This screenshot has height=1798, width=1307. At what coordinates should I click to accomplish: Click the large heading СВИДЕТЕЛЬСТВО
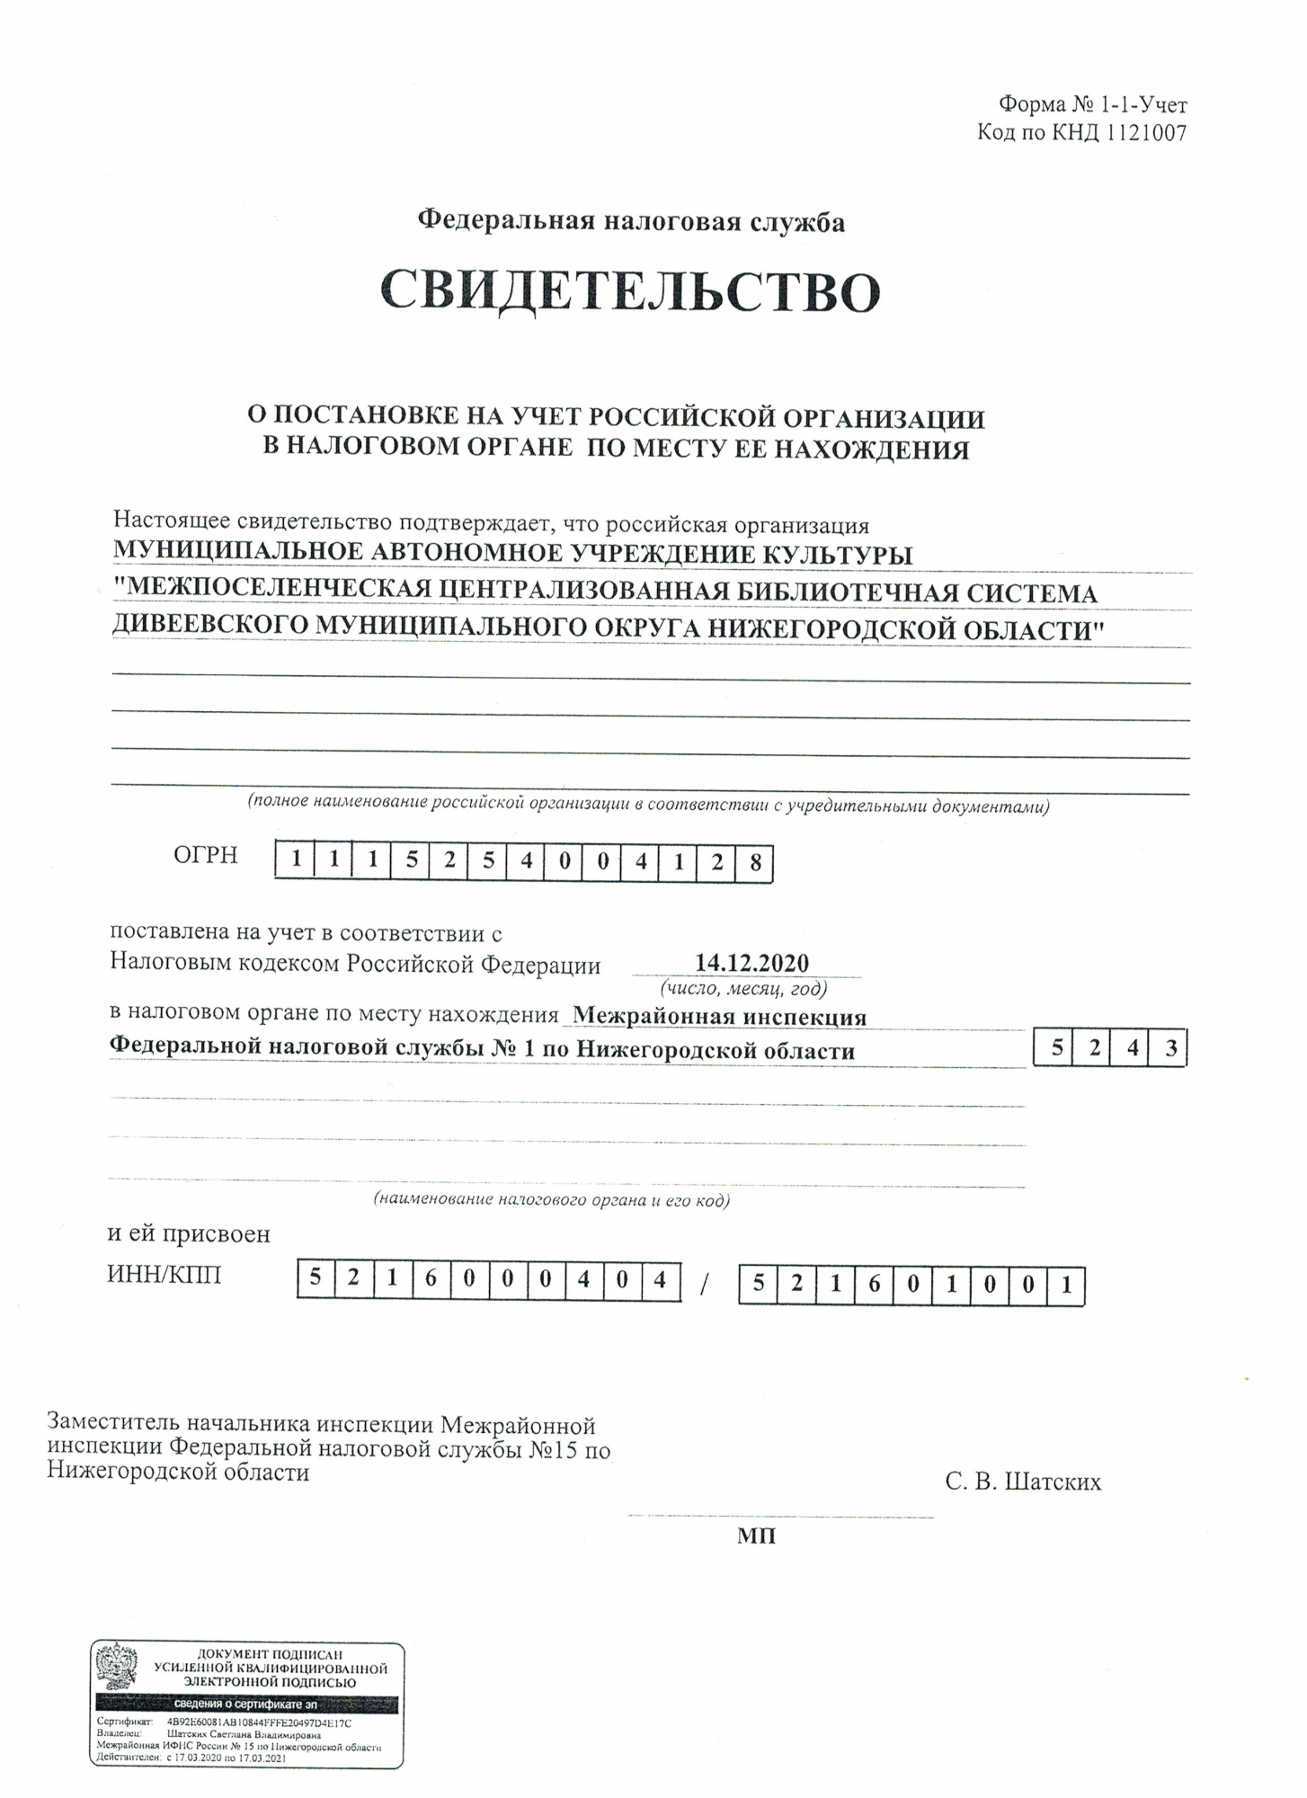[x=629, y=289]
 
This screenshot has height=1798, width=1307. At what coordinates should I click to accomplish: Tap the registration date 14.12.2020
[x=751, y=963]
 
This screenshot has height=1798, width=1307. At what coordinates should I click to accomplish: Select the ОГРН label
[x=206, y=855]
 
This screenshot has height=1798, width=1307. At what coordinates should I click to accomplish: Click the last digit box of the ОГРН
[x=754, y=863]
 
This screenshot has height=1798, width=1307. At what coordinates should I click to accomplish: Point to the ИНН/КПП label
[x=164, y=1275]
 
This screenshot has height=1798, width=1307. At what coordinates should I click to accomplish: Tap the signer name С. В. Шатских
[x=1023, y=1482]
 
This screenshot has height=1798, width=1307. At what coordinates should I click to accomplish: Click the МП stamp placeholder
[x=756, y=1536]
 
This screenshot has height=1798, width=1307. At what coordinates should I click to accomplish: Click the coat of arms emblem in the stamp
[x=117, y=1669]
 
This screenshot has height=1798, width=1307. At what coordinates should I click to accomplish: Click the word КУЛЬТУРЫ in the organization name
[x=837, y=554]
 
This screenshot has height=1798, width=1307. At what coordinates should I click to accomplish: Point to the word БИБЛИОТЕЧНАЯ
[x=824, y=592]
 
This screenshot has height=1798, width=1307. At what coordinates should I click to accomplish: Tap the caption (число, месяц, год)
[x=743, y=989]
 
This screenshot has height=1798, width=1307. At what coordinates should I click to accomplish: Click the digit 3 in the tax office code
[x=1170, y=1048]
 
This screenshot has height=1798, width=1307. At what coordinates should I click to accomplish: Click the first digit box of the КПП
[x=759, y=1284]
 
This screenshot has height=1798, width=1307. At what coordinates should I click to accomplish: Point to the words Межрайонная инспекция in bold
[x=719, y=1016]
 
